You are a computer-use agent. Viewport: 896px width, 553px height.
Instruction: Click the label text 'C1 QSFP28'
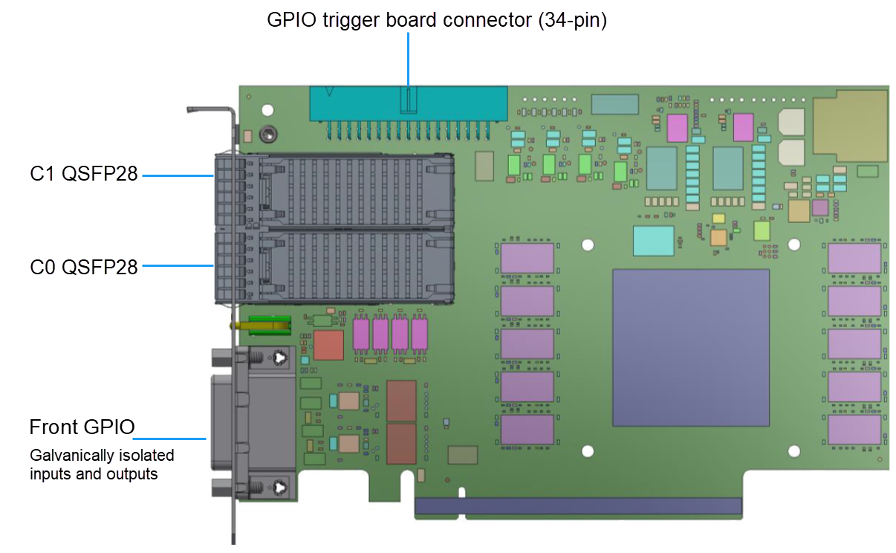tap(84, 175)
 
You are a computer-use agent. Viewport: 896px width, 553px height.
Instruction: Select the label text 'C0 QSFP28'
tap(84, 266)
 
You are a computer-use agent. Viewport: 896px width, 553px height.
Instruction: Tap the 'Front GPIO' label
tap(82, 427)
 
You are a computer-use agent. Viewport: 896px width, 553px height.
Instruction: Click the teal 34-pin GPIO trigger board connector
tap(408, 104)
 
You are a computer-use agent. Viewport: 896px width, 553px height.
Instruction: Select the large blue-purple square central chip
tap(690, 348)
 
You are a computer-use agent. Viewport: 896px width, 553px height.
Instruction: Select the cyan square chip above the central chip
tap(653, 241)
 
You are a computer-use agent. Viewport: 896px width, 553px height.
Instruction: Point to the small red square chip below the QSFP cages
tap(328, 345)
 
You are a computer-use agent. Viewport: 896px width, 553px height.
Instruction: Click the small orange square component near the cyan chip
tap(718, 237)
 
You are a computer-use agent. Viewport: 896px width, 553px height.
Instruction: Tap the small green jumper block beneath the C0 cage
tap(269, 323)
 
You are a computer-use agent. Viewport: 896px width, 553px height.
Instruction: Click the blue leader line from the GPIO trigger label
tap(408, 59)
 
